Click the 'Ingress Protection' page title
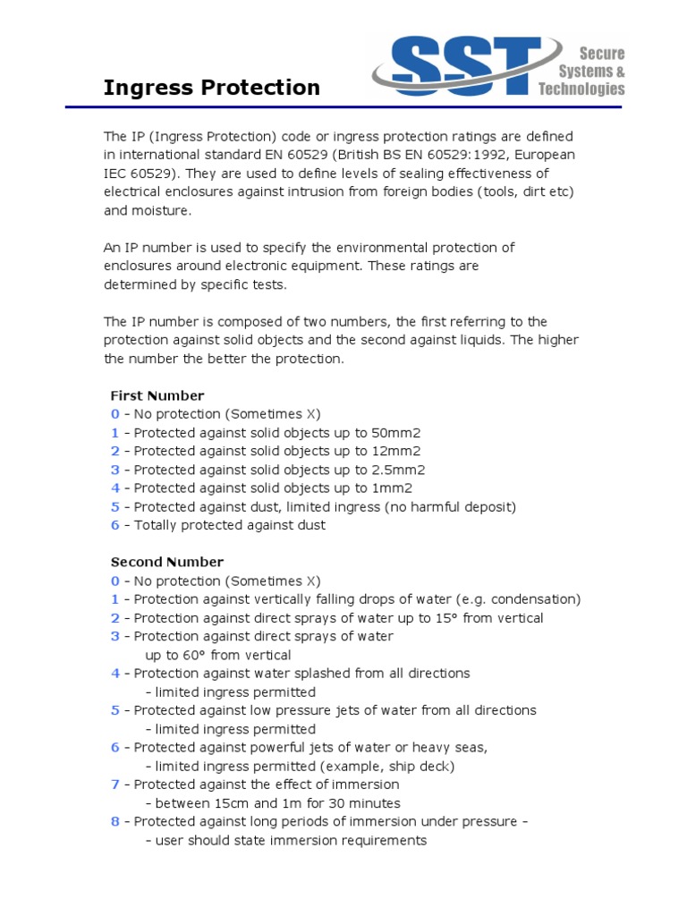(211, 88)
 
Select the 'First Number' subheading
(157, 395)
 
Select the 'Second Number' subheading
(167, 562)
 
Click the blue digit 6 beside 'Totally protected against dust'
(114, 525)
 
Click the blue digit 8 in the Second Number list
(114, 821)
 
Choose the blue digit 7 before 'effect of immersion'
(114, 785)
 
